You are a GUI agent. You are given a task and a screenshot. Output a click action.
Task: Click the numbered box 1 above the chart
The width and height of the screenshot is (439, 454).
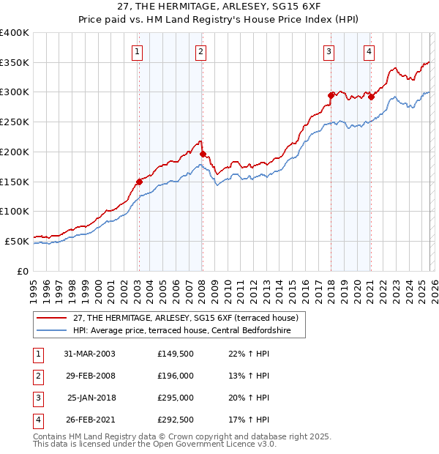pos(138,51)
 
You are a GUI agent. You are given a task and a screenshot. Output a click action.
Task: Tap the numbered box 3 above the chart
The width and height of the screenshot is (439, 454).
pos(329,51)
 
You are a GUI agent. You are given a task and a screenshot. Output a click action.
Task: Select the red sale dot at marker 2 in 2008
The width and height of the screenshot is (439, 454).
pos(203,155)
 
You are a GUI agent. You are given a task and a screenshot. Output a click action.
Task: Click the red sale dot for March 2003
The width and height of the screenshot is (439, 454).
pos(139,182)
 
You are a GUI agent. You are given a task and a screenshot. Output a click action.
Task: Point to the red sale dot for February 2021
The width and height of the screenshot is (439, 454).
pos(371,96)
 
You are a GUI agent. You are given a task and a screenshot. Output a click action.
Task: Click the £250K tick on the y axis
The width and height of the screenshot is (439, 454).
pos(15,122)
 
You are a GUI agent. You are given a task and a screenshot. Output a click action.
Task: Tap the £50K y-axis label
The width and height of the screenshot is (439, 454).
pos(17,241)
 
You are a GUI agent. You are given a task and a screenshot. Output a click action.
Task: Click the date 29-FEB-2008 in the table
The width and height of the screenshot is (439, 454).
pos(89,375)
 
